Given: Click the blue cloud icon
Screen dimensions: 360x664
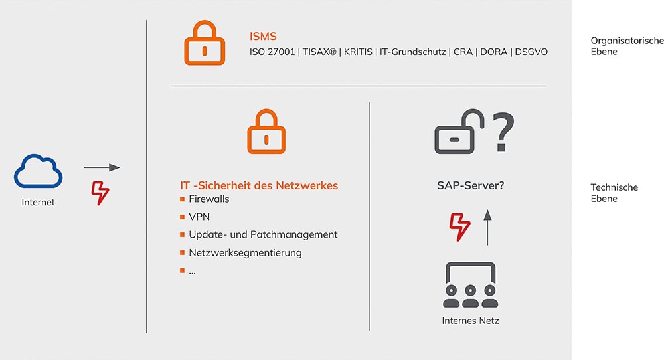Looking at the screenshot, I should click(x=39, y=171).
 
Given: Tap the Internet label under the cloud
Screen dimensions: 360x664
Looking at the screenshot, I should click(x=39, y=202).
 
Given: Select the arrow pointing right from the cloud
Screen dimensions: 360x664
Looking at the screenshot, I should click(x=102, y=167).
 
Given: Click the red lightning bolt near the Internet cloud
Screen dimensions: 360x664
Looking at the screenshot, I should click(x=100, y=192).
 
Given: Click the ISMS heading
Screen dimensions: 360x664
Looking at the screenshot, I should click(x=263, y=36).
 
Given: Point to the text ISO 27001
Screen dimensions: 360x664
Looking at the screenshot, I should click(x=272, y=52).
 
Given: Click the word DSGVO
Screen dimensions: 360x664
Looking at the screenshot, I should click(x=532, y=52).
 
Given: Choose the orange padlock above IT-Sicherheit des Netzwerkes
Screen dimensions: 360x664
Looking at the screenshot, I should click(x=266, y=132).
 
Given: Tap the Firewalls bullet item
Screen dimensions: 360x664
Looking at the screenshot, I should click(x=209, y=199).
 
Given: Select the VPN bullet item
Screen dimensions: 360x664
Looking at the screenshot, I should click(x=199, y=217).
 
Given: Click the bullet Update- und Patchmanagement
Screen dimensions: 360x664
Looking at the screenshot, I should click(x=263, y=234).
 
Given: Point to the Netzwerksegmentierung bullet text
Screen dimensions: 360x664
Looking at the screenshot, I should click(x=245, y=252).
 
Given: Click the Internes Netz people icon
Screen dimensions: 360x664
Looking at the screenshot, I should click(x=470, y=285).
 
